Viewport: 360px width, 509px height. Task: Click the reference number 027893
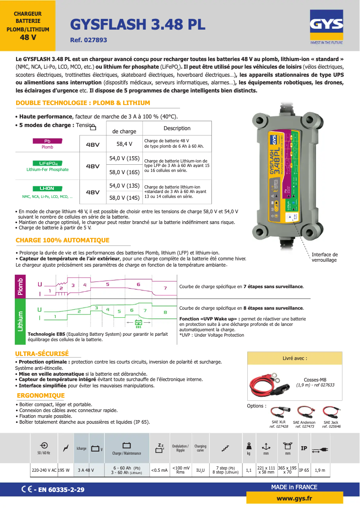(88, 40)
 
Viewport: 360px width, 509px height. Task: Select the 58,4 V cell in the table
(124, 144)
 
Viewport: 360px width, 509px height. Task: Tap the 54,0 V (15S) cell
(124, 158)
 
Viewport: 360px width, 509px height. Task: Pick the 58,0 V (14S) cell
(124, 197)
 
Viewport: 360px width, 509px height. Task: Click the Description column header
(177, 128)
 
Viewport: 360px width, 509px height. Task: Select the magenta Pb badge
(47, 141)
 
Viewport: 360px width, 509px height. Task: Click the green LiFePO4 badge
(47, 163)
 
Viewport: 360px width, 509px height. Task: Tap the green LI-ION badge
(47, 189)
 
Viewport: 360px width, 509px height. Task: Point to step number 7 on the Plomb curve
(165, 288)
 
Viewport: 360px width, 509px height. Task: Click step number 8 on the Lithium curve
(165, 312)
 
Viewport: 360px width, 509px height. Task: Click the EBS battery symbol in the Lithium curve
(139, 323)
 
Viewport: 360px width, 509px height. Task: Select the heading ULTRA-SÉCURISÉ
(42, 354)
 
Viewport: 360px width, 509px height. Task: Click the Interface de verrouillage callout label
(324, 257)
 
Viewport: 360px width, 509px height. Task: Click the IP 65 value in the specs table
(304, 470)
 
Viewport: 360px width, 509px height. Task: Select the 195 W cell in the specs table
(64, 470)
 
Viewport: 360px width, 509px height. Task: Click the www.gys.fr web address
(294, 498)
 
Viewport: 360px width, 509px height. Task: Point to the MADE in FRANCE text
(294, 487)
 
